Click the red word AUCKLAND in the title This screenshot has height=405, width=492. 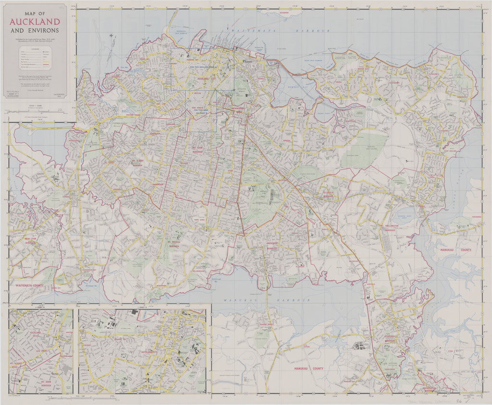[35, 22]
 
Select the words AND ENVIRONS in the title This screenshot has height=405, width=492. [35, 30]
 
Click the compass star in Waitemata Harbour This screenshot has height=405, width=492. [111, 35]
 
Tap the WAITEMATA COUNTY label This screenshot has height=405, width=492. [26, 285]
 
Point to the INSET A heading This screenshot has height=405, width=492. [141, 306]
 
